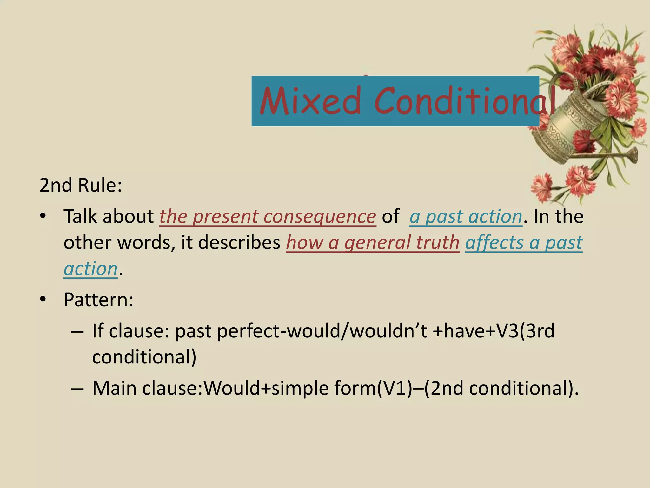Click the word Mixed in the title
(310, 101)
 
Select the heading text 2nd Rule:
(81, 185)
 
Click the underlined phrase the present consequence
(268, 217)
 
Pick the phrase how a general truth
(373, 243)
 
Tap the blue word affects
(494, 243)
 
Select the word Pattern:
(98, 299)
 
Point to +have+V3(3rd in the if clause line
(494, 331)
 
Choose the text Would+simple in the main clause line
(266, 388)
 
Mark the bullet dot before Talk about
(43, 216)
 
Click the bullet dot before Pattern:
(43, 299)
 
